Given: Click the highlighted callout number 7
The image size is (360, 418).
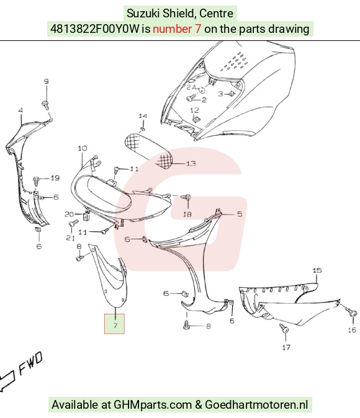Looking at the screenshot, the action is click(115, 326).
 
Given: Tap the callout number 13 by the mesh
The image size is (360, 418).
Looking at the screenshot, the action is click(191, 163).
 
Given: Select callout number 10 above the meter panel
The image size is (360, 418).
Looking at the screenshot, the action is click(83, 148).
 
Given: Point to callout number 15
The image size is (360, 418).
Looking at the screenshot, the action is click(317, 270).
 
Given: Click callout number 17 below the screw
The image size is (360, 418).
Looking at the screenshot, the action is click(286, 347).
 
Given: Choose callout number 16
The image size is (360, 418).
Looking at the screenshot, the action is click(352, 330).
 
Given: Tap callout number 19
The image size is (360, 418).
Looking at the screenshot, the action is click(55, 178).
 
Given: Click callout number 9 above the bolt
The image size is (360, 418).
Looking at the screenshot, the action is click(47, 81).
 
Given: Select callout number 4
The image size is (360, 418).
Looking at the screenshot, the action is click(20, 110).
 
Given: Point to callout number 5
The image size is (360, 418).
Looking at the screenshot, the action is click(240, 214).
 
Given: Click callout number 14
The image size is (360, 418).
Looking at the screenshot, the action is click(143, 116).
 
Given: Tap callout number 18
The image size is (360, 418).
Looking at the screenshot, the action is click(187, 214).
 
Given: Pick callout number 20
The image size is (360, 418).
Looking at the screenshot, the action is click(69, 214).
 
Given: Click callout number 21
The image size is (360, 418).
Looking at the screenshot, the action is click(70, 238).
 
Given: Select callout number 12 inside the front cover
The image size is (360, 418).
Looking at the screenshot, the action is click(194, 110).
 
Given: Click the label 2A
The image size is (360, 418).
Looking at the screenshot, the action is click(191, 87).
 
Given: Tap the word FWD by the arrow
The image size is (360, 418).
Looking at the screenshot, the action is click(30, 363).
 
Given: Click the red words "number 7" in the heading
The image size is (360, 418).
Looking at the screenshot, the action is click(177, 29).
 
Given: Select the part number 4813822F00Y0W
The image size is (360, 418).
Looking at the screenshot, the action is click(95, 29).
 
